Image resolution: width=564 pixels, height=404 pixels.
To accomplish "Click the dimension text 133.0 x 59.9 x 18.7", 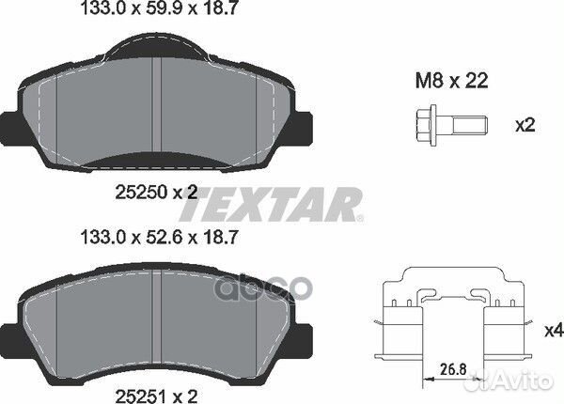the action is [159, 8].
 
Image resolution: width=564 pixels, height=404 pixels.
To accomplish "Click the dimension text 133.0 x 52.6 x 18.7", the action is [160, 238].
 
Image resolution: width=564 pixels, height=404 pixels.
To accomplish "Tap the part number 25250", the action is [141, 193].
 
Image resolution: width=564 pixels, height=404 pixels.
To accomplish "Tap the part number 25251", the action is [141, 396].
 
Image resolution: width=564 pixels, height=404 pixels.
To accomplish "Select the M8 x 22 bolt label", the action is [452, 81].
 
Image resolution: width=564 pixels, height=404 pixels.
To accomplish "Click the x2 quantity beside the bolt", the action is [525, 126].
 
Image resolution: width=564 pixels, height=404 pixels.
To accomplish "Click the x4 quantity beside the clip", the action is [554, 331].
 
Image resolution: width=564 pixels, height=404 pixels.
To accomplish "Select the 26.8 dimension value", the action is [454, 369].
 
